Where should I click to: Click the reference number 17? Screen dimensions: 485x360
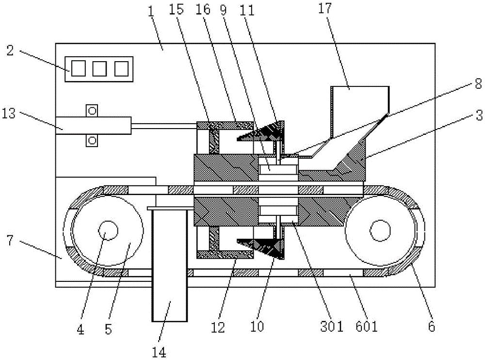coord(325,9)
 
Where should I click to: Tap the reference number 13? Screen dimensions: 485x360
coord(9,114)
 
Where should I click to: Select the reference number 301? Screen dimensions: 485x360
coord(332,327)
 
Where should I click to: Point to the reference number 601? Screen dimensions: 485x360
coord(367,327)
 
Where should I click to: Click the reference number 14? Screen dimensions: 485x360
coord(159,352)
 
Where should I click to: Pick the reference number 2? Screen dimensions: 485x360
coord(10,50)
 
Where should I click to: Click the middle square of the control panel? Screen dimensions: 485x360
coord(99,69)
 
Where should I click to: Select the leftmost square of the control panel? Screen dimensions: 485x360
coord(78,69)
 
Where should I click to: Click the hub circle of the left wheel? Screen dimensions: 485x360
coord(108,231)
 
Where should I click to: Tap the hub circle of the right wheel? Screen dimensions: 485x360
coord(380,230)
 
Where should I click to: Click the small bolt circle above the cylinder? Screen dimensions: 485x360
coord(92,110)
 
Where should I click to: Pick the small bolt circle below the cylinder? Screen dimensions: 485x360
coord(92,141)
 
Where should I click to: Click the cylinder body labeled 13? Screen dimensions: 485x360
coord(93,125)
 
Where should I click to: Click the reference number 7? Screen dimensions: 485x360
coord(10,240)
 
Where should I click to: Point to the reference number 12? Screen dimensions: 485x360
coord(218,327)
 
